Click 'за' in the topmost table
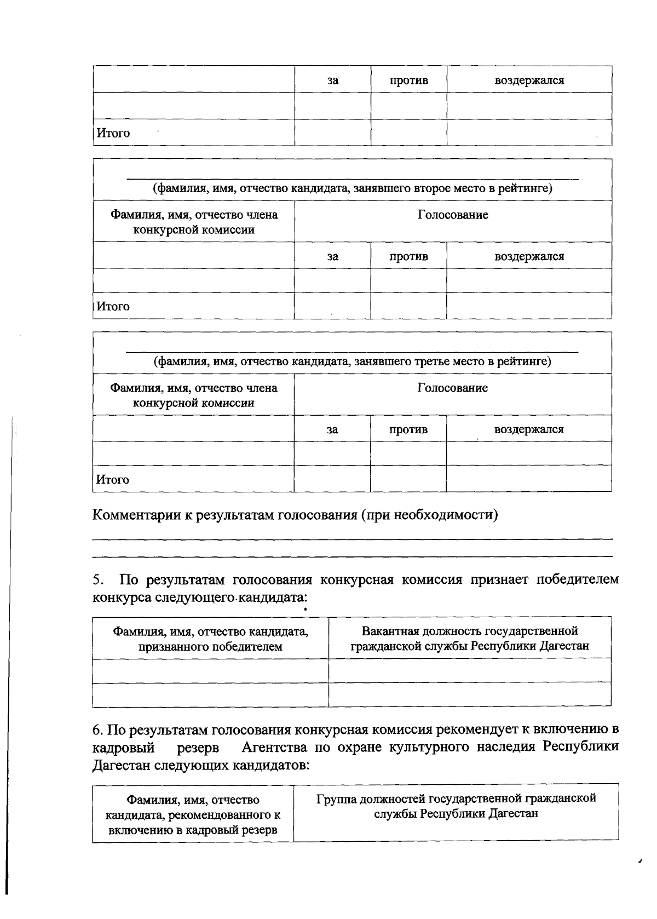pos(333,81)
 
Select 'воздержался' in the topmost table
pos(529,81)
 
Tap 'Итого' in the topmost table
pos(113,133)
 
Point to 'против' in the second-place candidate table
pos(409,256)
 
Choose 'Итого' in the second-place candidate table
pos(113,306)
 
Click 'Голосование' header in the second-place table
pos(453,215)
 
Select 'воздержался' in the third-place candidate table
pos(529,429)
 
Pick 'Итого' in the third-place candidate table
pos(113,480)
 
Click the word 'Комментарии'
pos(137,515)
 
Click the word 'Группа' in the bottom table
pos(337,799)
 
